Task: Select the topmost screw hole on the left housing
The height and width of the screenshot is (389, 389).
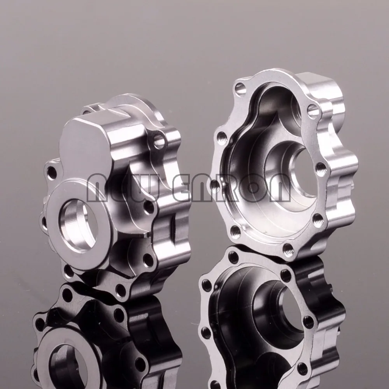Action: (x=159, y=141)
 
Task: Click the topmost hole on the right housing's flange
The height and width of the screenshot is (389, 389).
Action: (x=240, y=89)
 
